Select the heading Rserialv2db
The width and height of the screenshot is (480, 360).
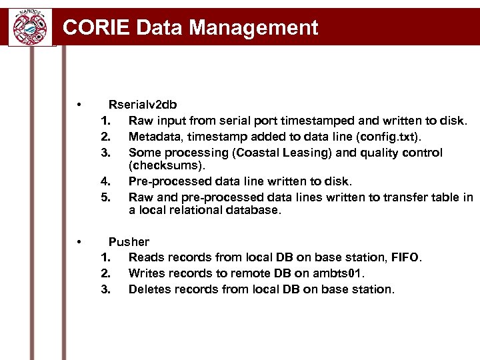143,104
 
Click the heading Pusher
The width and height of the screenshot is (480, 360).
129,241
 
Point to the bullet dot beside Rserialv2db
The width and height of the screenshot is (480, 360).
79,105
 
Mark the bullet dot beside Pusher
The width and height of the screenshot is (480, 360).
79,241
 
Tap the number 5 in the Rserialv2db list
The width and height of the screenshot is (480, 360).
105,197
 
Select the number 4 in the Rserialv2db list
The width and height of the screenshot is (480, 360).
105,181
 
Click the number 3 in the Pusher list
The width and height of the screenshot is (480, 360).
105,289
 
